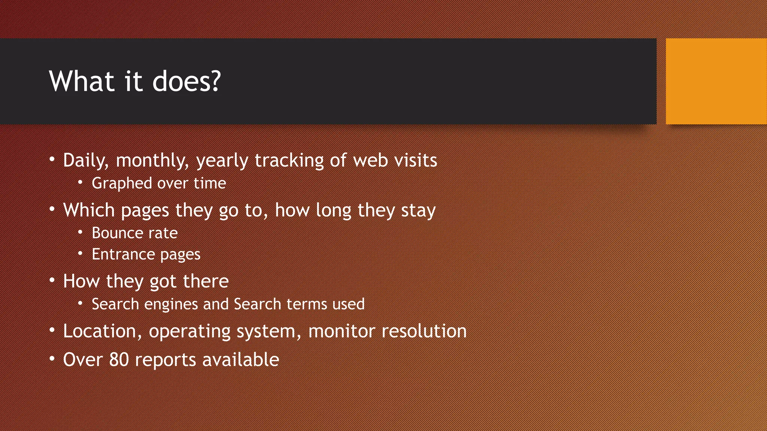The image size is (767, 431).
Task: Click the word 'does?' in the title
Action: tap(187, 81)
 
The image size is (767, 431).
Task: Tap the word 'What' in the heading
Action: tap(81, 81)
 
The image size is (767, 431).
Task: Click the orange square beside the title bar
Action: tap(716, 81)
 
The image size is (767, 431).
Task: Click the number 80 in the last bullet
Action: tap(119, 360)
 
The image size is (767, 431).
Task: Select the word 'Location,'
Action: tap(102, 331)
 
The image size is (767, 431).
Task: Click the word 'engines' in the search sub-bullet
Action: tap(171, 304)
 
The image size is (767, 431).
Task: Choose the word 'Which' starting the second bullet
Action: tap(89, 210)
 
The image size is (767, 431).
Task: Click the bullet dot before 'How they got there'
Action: tap(52, 280)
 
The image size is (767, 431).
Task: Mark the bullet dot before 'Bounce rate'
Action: tap(80, 232)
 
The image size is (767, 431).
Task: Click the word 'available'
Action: tap(240, 360)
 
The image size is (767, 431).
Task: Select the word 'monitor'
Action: tap(341, 331)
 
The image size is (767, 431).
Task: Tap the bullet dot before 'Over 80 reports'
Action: tap(52, 359)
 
